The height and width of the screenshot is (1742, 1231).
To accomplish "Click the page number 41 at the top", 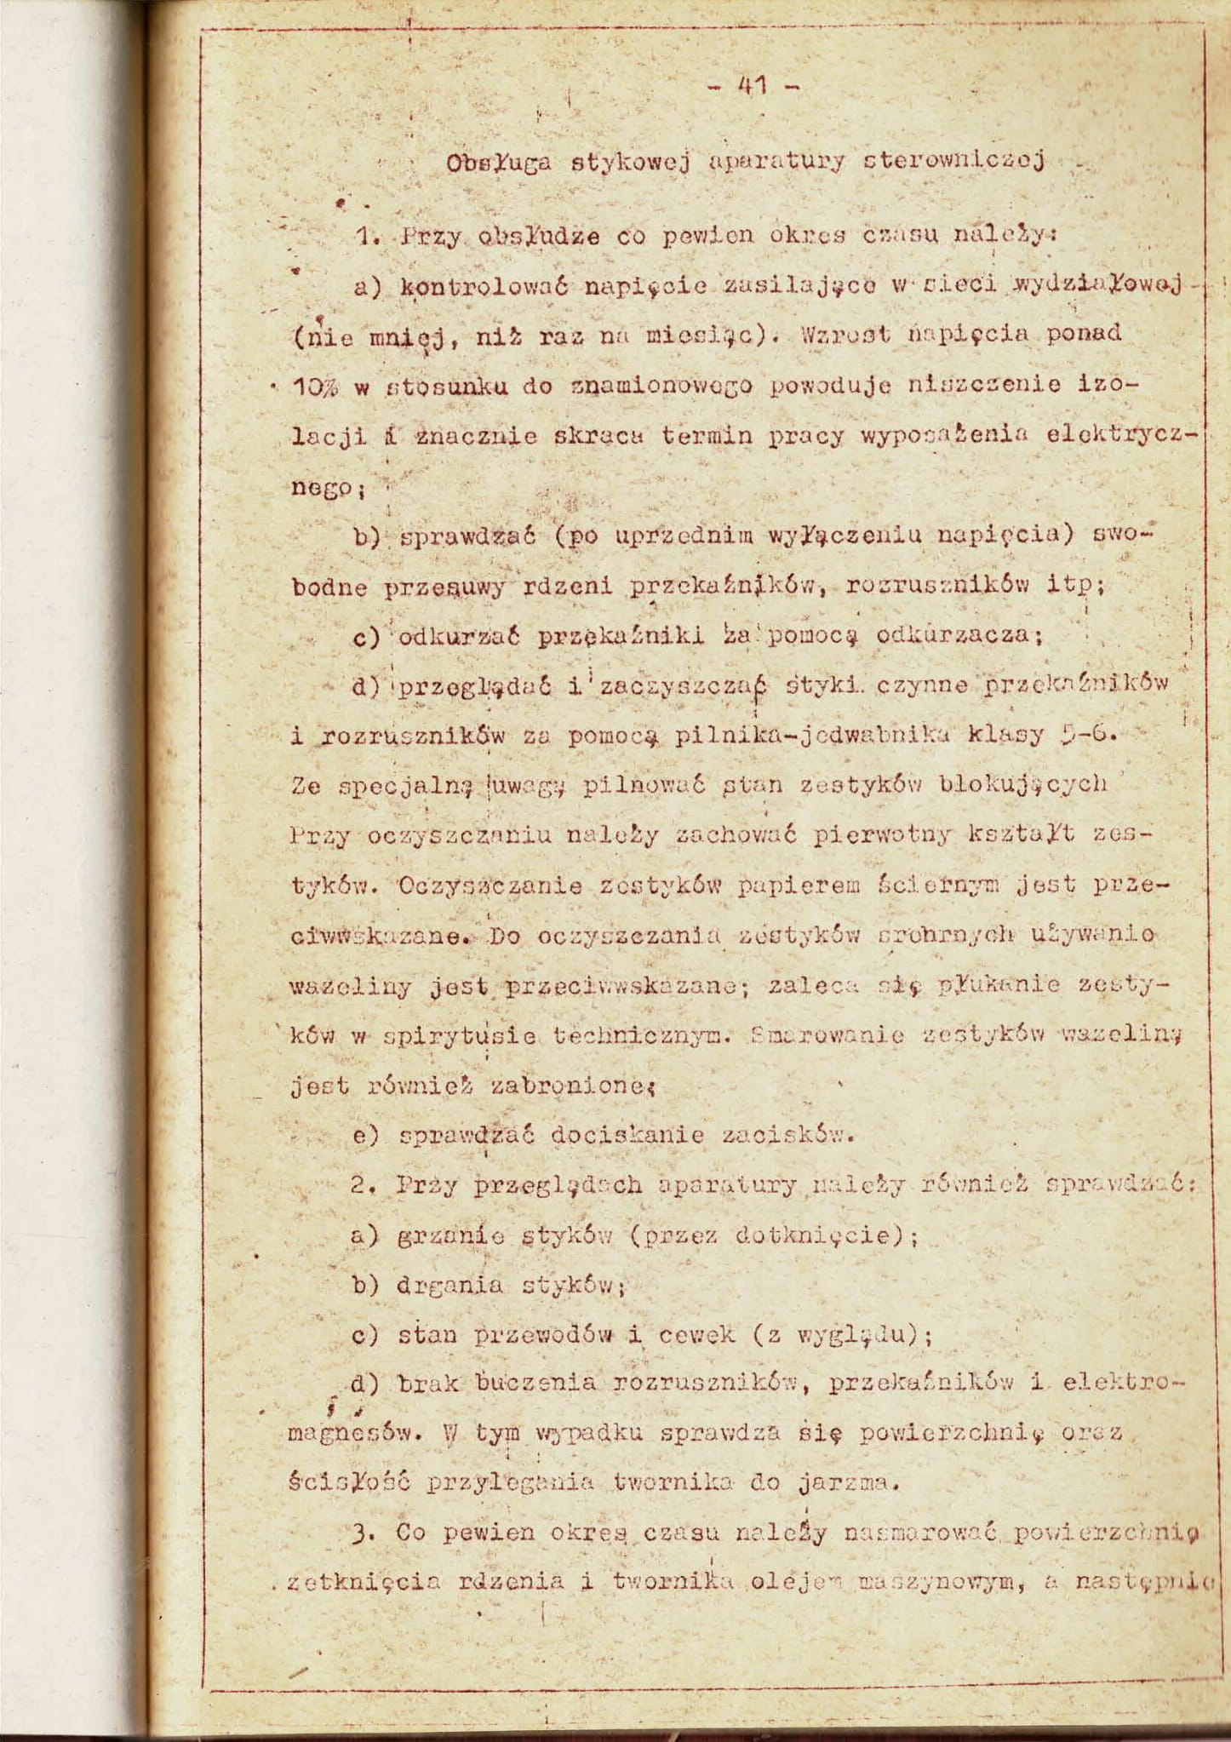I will [x=753, y=85].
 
